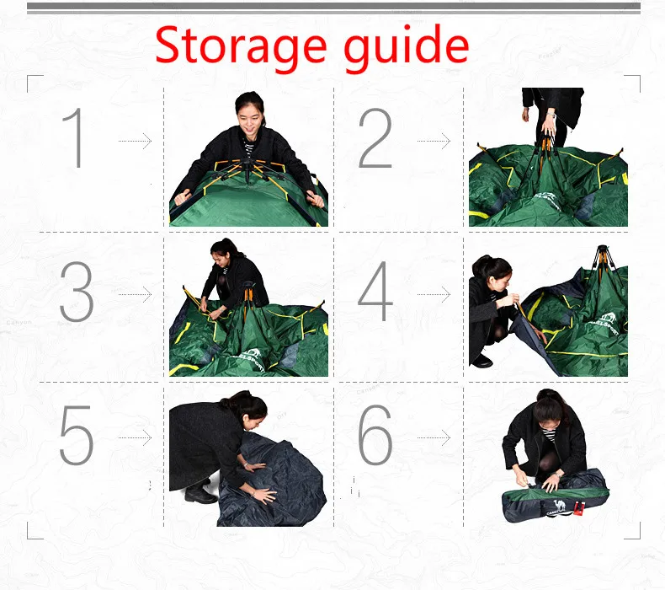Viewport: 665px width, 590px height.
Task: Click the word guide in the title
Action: click(406, 48)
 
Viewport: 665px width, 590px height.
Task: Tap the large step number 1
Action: click(73, 137)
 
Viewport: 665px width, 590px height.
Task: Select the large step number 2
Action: click(375, 137)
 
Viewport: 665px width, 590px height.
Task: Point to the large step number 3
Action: click(77, 292)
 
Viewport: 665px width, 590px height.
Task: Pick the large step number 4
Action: click(375, 291)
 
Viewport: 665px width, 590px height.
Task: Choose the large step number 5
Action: click(77, 435)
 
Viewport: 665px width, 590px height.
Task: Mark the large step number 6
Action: click(375, 434)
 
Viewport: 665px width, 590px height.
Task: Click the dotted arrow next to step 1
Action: click(135, 141)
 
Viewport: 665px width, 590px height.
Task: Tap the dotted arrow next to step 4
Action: click(434, 294)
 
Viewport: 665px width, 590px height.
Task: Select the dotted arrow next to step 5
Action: click(135, 437)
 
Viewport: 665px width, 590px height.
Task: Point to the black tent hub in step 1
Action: click(247, 167)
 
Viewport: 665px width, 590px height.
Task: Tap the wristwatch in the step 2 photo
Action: click(551, 115)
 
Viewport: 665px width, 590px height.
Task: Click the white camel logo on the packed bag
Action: click(560, 505)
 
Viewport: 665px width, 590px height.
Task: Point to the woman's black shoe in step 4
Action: click(481, 361)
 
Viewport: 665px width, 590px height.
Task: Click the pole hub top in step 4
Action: click(602, 248)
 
